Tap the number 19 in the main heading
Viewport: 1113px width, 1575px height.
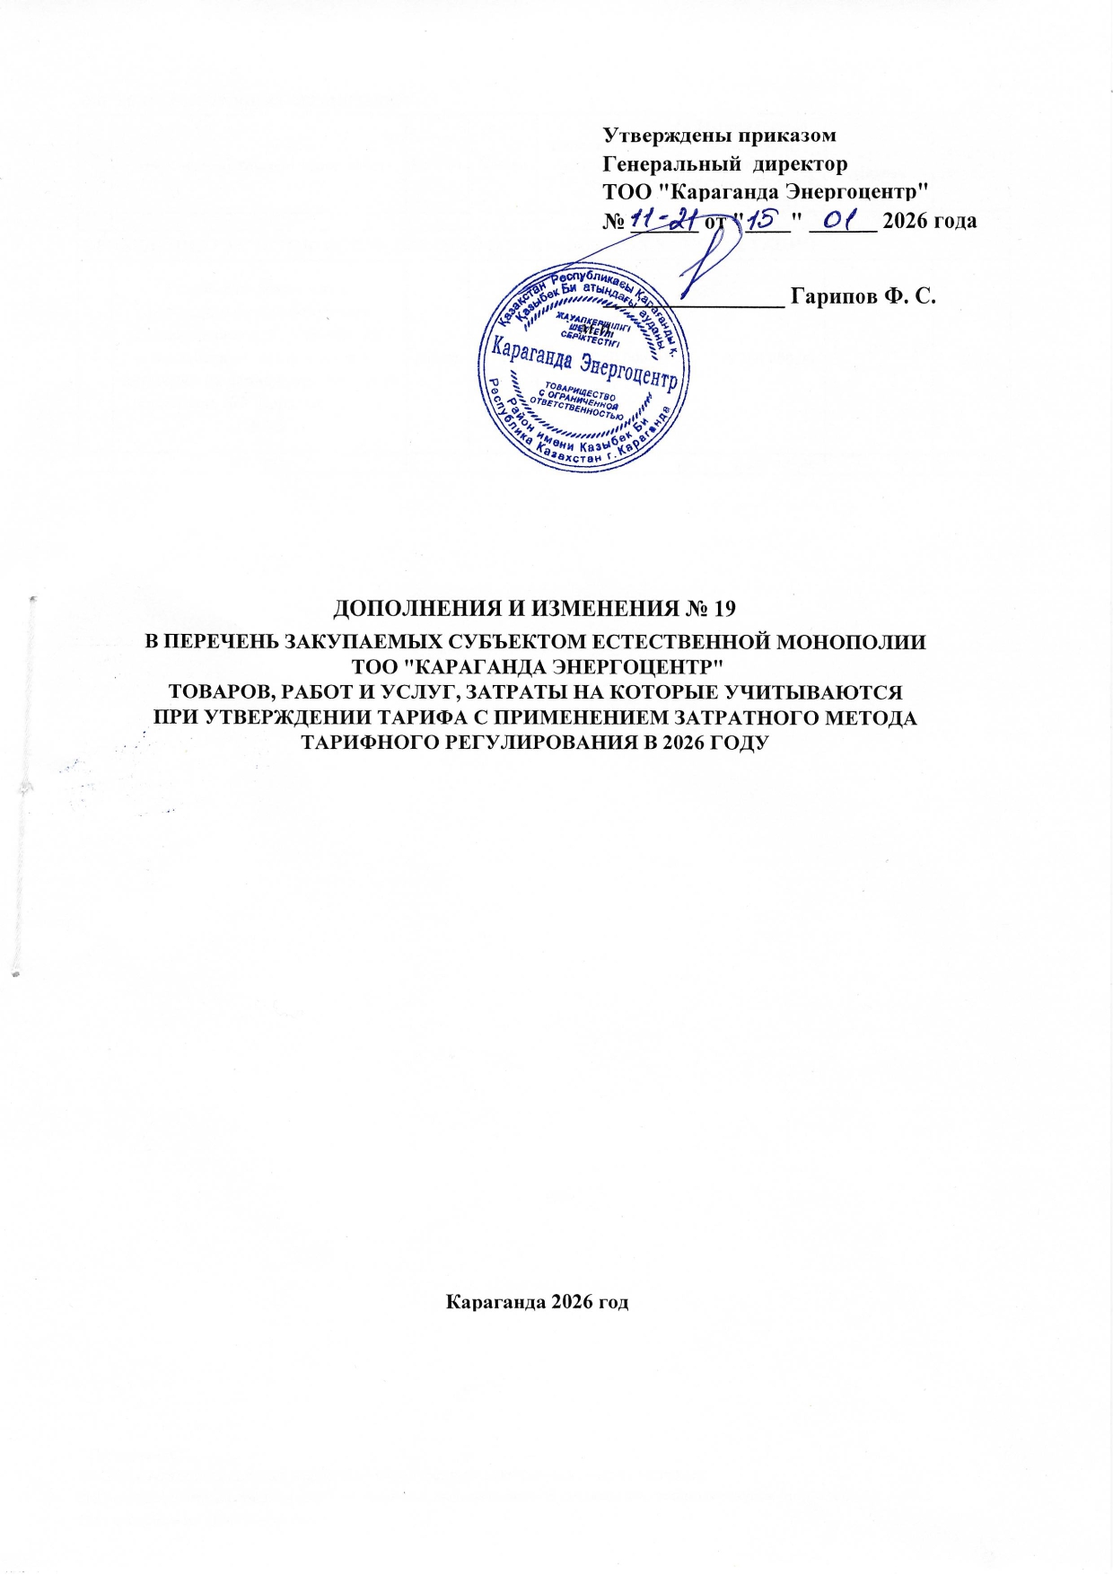(723, 609)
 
